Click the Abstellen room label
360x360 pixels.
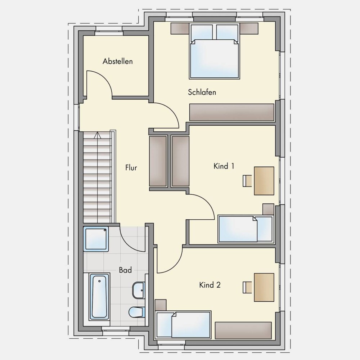pos(118,61)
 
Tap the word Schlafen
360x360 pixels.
pos(202,92)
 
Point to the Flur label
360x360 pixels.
pos(131,168)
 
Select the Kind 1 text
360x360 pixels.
pos(224,166)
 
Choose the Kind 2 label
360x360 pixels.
pos(210,285)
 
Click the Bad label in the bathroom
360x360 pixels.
pos(125,270)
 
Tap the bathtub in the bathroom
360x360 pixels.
pos(99,296)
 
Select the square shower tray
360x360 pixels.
pos(96,239)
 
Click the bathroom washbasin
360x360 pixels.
pos(139,290)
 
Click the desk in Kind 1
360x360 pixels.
pos(264,181)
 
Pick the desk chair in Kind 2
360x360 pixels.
pos(247,287)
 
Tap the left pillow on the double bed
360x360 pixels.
pos(202,32)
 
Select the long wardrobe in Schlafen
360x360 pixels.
pos(231,112)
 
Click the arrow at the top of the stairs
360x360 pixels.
pos(98,135)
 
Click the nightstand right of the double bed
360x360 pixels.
pos(249,28)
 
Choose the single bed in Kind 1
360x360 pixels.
pos(246,229)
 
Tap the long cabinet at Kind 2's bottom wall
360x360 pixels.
pos(243,330)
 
